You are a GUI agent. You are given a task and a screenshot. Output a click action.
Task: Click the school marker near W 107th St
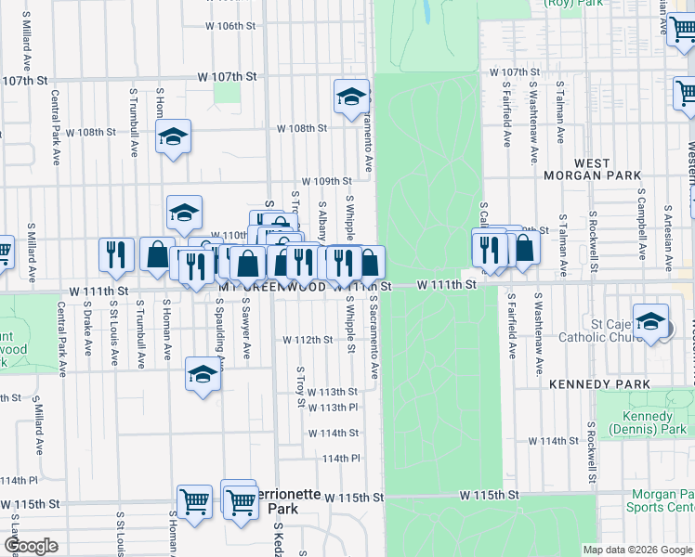tap(351, 97)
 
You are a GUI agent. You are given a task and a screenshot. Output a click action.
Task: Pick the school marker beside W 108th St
tap(173, 138)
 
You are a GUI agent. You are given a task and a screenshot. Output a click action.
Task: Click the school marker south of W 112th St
tap(202, 375)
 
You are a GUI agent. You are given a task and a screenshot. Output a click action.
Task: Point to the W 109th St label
tap(325, 181)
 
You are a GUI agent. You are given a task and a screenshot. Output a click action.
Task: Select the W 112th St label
tap(308, 340)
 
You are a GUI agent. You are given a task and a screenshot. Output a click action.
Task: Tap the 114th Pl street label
tap(341, 459)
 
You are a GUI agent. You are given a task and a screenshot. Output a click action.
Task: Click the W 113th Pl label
tap(332, 407)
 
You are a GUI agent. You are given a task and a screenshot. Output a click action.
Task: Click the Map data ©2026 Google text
tap(637, 550)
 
